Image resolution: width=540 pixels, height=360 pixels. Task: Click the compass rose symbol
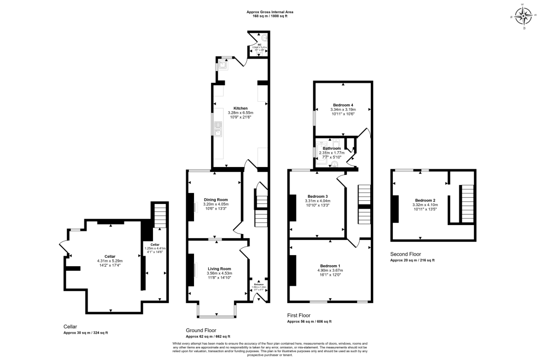click(524, 16)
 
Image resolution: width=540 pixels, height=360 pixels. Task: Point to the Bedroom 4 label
click(343, 105)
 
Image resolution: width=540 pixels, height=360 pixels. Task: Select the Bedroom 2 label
click(425, 200)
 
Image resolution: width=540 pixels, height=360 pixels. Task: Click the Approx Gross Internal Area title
click(269, 11)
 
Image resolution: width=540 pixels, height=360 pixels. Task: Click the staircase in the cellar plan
click(159, 216)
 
